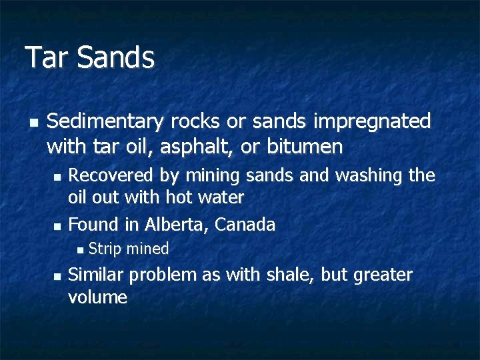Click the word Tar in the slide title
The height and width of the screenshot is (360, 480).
click(x=47, y=57)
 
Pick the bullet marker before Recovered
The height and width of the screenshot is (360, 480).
click(x=57, y=177)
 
